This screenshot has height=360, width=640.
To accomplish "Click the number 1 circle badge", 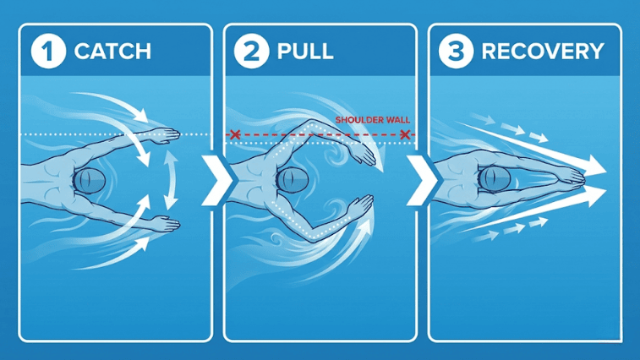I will coord(47,51).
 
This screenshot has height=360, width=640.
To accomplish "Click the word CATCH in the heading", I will coord(112,51).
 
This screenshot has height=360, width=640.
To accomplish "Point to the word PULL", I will coord(305,51).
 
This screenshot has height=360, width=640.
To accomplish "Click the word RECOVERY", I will coord(542,51).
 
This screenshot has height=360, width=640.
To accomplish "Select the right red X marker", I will coord(407,134).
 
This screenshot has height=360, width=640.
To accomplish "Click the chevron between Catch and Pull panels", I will coord(218,179).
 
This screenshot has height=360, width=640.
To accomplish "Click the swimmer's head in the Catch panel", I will coord(90,179).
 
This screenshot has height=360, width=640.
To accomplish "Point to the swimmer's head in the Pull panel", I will coord(293,180).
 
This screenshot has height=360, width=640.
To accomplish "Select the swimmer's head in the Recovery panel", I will coord(494,178).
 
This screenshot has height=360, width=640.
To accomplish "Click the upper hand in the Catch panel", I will coord(167,134).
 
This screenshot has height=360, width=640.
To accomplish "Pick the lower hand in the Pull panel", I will coord(362,205).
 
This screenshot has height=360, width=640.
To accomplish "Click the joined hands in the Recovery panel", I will coord(572,177).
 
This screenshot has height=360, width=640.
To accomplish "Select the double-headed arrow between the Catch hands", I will coord(172,178).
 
